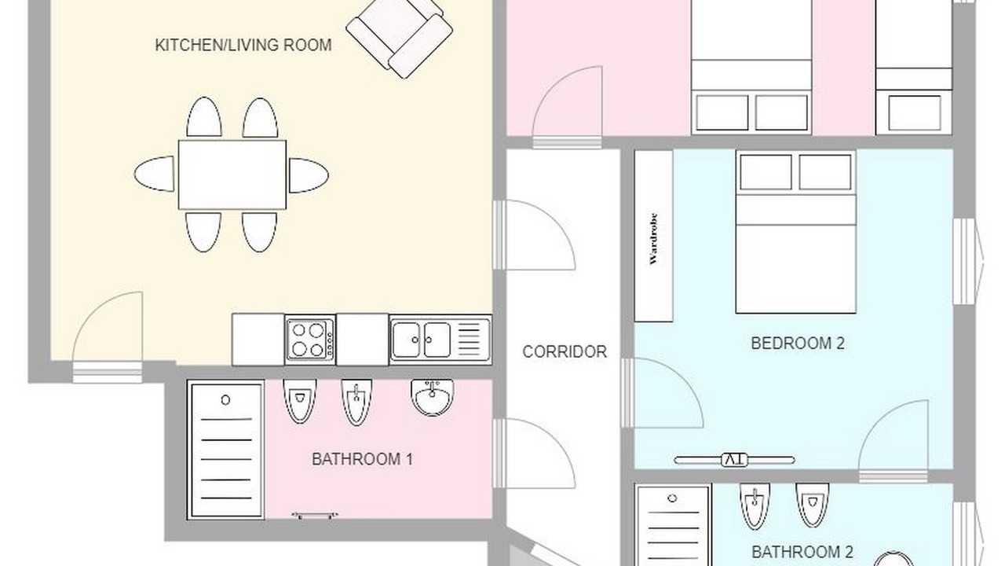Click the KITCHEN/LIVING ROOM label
click(243, 45)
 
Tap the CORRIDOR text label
click(565, 351)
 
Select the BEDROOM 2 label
click(798, 344)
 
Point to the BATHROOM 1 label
click(362, 459)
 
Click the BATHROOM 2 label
click(802, 552)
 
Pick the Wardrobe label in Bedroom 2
click(653, 238)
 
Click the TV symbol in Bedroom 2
click(734, 460)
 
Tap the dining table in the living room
click(232, 175)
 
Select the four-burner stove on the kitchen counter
click(310, 339)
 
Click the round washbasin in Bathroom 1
click(432, 397)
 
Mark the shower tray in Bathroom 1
click(225, 450)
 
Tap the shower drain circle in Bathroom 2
click(672, 498)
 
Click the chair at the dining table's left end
click(155, 174)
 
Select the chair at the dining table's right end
click(309, 175)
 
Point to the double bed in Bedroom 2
click(795, 232)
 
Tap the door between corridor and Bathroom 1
click(534, 454)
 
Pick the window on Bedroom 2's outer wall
click(965, 262)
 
